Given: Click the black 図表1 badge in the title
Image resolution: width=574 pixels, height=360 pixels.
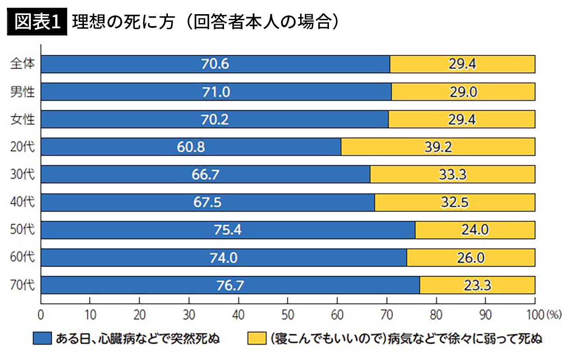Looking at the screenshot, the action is [37, 21].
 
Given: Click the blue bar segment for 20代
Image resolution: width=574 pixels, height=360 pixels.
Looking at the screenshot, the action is [191, 147].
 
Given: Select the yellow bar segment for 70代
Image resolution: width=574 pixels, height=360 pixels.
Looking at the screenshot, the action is [477, 285].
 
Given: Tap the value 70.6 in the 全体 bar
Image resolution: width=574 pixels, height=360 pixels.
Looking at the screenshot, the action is [215, 64].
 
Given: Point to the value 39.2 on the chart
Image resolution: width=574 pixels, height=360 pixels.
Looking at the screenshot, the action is [438, 147].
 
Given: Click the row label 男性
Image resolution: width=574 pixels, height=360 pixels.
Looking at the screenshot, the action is [23, 92].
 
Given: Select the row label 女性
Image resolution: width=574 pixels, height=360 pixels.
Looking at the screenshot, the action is [23, 120].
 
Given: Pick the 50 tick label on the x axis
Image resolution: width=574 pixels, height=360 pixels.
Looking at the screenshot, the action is [288, 315].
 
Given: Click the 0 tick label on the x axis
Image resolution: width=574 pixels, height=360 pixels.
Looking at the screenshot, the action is [41, 315].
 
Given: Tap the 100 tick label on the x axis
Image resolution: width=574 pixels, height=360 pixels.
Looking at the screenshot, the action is [535, 315].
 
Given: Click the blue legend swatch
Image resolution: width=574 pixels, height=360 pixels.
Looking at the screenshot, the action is [42, 339].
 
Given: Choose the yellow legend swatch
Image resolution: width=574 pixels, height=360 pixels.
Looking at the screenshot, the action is [257, 339].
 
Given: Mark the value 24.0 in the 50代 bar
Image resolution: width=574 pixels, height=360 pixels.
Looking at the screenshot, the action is [475, 230].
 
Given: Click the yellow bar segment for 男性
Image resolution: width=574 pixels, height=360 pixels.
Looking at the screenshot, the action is [463, 92].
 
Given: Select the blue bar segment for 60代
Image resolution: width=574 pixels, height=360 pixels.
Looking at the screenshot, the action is [224, 258].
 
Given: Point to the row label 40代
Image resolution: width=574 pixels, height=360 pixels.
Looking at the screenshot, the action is [23, 202].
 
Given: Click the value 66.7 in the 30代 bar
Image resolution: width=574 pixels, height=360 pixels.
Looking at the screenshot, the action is [206, 174].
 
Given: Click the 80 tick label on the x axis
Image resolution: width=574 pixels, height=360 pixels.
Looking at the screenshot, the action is [436, 315].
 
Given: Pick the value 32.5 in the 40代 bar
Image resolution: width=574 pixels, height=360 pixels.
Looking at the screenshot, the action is [455, 202].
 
